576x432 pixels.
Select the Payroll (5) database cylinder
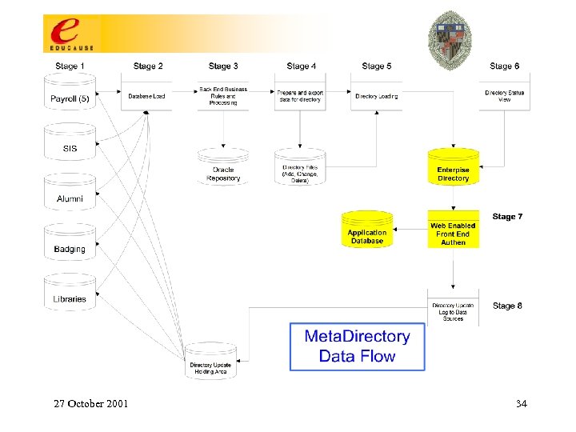pos(70,97)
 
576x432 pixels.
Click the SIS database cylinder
pos(70,146)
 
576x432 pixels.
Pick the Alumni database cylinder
pos(70,195)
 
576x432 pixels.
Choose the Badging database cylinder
pos(70,245)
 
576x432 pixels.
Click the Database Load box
pos(146,96)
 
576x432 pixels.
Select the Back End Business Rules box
pos(223,96)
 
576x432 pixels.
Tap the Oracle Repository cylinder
pos(223,169)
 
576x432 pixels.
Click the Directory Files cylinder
pos(300,169)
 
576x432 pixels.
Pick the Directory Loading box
pos(377,96)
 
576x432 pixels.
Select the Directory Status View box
pos(505,96)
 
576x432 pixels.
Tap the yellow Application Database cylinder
pos(367,232)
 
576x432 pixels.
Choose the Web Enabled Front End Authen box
pos(453,234)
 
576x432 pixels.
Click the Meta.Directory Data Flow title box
pos(357,346)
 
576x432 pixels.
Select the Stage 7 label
pos(508,217)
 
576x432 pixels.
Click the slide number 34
pos(522,404)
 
